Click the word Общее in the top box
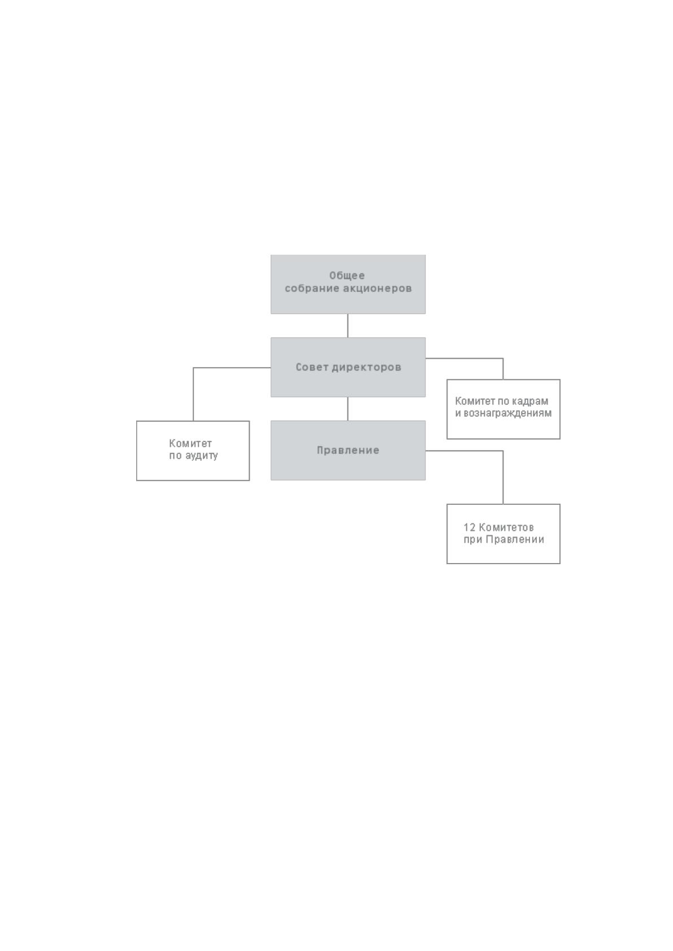pyautogui.click(x=347, y=276)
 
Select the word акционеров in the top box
pyautogui.click(x=377, y=289)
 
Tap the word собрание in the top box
pyautogui.click(x=312, y=289)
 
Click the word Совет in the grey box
pyautogui.click(x=312, y=367)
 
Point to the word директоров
pyautogui.click(x=366, y=368)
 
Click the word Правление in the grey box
pyautogui.click(x=348, y=451)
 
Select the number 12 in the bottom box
pyautogui.click(x=469, y=527)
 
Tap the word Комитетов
pyautogui.click(x=506, y=527)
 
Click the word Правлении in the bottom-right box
pyautogui.click(x=515, y=539)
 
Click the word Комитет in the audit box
pyautogui.click(x=190, y=444)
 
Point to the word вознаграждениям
pyautogui.click(x=508, y=413)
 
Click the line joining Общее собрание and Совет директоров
pyautogui.click(x=348, y=326)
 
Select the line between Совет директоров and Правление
pyautogui.click(x=348, y=409)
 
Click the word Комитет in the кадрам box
pyautogui.click(x=475, y=401)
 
